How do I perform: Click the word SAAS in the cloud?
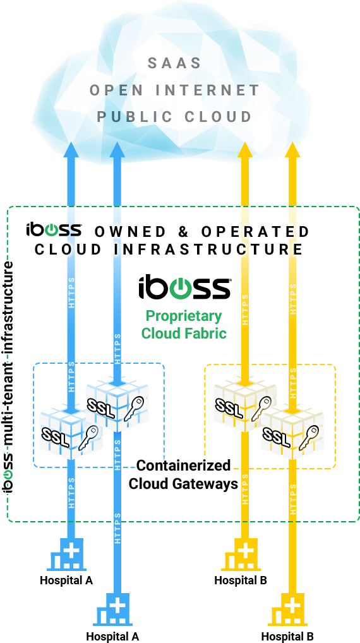(174, 63)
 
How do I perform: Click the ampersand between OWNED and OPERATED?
(183, 232)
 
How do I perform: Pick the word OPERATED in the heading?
(255, 232)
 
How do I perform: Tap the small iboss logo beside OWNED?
(54, 230)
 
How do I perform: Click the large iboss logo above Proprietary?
(184, 288)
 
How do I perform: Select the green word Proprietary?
(184, 316)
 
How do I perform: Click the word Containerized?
(184, 466)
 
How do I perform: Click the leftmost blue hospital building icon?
(67, 554)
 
